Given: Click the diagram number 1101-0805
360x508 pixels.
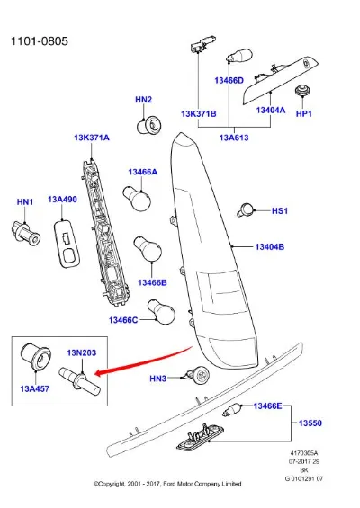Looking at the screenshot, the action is (40, 41).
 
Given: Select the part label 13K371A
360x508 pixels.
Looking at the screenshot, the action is (92, 138).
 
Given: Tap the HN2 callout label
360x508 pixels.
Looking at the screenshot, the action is (144, 100).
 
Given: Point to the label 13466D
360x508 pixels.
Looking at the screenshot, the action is (229, 80).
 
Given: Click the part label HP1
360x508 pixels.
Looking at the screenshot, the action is (304, 113).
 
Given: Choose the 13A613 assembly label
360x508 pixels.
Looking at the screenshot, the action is (234, 138).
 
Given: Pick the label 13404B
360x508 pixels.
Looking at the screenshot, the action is (270, 247).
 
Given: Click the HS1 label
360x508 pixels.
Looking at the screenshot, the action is (280, 211).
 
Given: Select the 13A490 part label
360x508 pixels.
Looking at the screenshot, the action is (63, 200).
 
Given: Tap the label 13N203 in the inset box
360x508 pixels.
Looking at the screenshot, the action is (82, 352).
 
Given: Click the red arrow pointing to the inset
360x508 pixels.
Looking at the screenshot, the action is (144, 362).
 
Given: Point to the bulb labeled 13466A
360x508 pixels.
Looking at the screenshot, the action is (137, 198).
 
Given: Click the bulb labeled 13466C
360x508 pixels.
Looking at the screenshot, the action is (161, 312).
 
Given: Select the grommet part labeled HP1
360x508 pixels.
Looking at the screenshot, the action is (302, 90).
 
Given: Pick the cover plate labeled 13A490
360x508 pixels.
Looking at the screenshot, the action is (67, 244).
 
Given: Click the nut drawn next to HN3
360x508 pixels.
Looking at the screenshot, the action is (198, 376).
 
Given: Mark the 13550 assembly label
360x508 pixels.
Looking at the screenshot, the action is (310, 423).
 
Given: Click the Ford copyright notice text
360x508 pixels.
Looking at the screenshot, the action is (167, 484).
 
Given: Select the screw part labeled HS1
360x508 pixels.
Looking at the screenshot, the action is (246, 209).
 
